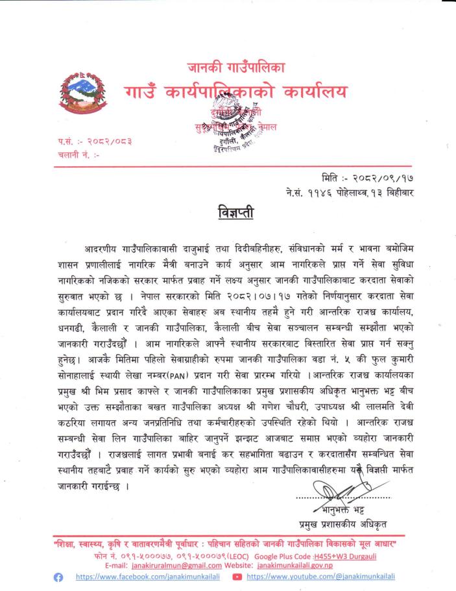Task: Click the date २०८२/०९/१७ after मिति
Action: click(x=389, y=176)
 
